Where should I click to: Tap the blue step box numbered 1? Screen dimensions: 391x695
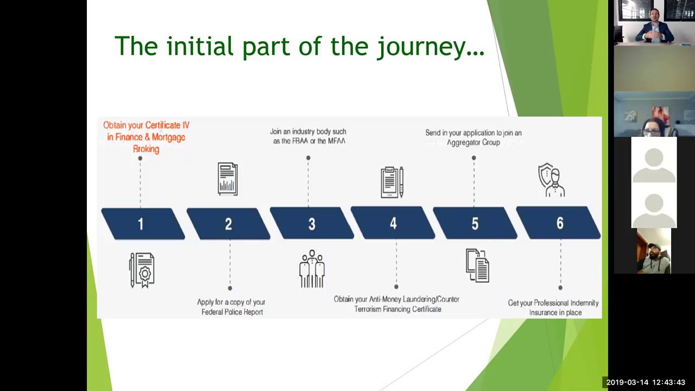(142, 224)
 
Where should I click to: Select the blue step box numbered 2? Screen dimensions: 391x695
(228, 224)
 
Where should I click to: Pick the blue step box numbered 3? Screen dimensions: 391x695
(312, 224)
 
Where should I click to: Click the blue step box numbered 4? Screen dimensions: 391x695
(393, 223)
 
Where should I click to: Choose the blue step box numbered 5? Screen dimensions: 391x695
(475, 223)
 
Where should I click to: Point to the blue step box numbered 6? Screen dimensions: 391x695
(559, 223)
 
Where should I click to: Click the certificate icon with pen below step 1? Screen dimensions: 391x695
(142, 269)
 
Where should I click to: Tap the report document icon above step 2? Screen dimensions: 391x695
(228, 179)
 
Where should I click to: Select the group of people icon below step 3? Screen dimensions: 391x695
(312, 268)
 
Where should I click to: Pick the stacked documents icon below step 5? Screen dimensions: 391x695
(477, 266)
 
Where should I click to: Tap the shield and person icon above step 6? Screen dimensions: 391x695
(552, 180)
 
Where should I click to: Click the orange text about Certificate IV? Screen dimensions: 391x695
(146, 137)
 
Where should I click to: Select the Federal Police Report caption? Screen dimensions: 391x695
(231, 307)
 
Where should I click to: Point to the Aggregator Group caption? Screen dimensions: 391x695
(473, 137)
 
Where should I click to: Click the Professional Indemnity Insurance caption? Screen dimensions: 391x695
(553, 307)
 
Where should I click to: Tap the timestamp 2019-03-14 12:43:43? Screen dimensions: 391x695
(646, 382)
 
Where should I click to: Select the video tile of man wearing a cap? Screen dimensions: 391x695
(654, 251)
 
